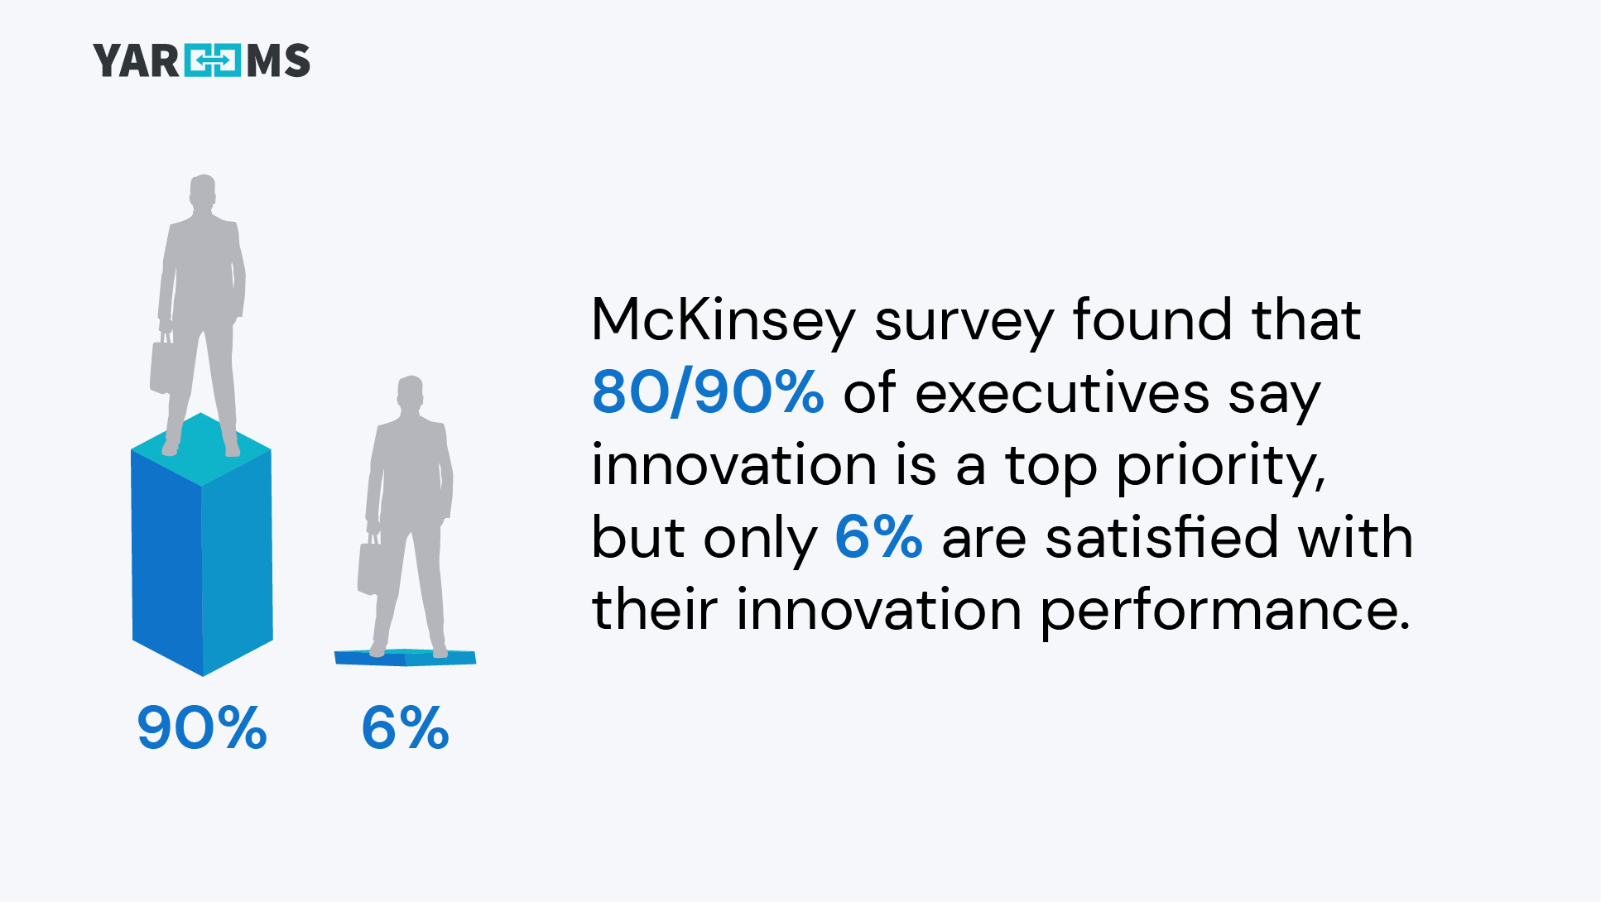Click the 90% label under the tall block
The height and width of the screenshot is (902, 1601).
pyautogui.click(x=202, y=728)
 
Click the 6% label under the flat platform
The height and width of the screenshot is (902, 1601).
pyautogui.click(x=405, y=728)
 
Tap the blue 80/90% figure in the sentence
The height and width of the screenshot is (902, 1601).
pyautogui.click(x=708, y=392)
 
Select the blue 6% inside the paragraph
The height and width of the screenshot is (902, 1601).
pyautogui.click(x=877, y=537)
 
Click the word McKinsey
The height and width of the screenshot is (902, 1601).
pyautogui.click(x=723, y=320)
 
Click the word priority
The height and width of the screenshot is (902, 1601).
pyautogui.click(x=1220, y=466)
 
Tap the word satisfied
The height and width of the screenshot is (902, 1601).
pyautogui.click(x=1161, y=538)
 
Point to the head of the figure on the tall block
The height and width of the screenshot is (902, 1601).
pyautogui.click(x=203, y=191)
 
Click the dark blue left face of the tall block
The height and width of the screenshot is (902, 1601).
pyautogui.click(x=166, y=563)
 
